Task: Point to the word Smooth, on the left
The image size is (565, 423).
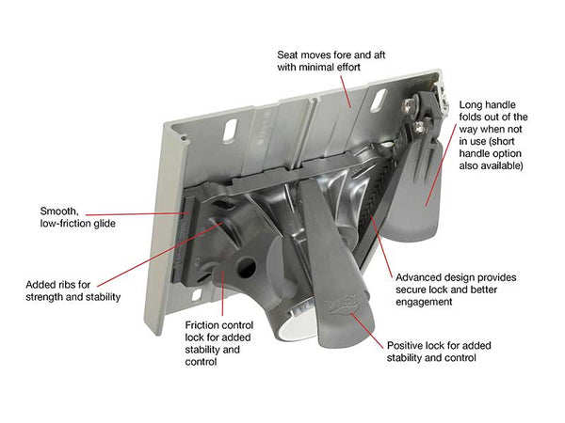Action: [x=60, y=211]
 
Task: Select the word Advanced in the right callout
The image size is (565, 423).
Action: [x=420, y=278]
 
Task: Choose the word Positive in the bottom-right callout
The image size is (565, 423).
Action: [x=406, y=345]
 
